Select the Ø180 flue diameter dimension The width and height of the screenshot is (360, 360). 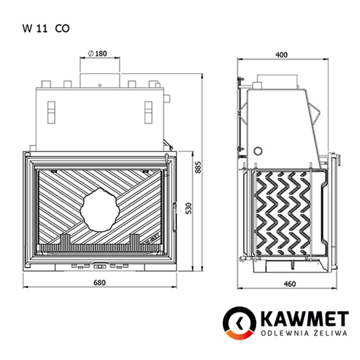pos(97,54)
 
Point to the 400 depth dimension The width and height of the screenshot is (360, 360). pos(281,55)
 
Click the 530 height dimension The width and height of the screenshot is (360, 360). pos(189,209)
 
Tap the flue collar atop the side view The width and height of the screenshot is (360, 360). pos(278,80)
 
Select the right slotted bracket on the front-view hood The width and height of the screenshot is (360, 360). pos(149,109)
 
